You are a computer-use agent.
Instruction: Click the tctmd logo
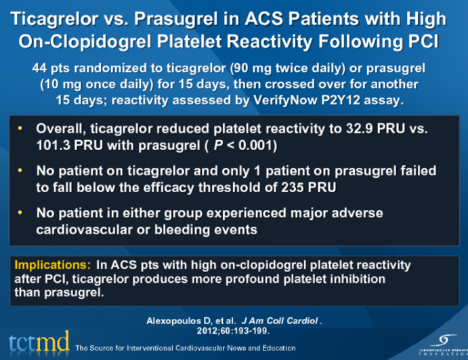point(37,342)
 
